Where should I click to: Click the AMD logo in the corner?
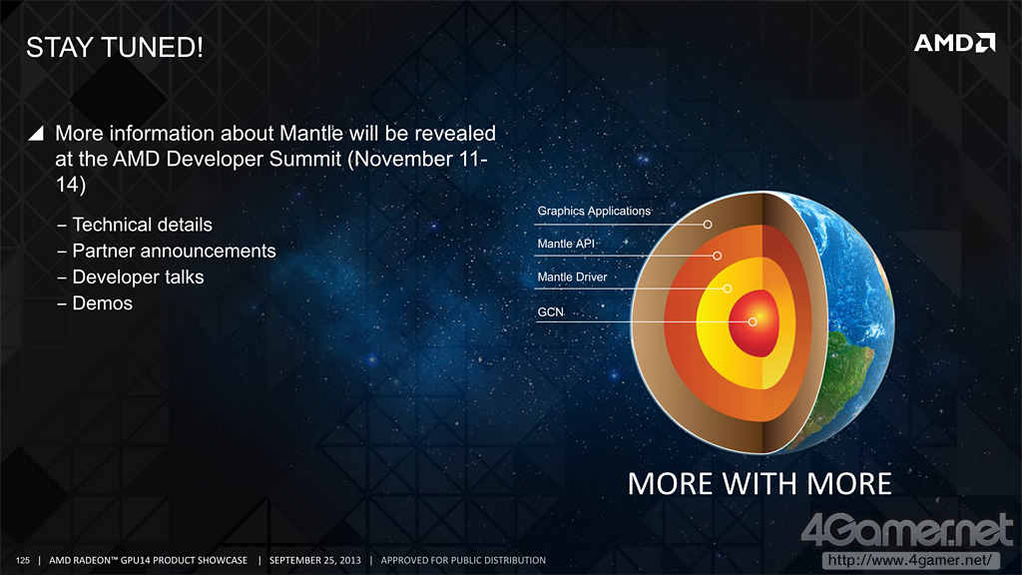955,43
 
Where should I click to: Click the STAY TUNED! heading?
115,48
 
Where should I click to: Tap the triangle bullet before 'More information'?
36,133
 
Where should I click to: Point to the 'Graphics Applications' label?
594,212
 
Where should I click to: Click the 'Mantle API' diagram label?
566,244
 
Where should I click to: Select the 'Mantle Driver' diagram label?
572,278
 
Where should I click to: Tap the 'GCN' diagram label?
550,312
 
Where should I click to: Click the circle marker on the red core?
753,322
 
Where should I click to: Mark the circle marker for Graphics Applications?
708,225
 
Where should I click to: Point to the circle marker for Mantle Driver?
728,288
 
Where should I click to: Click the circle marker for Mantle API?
717,256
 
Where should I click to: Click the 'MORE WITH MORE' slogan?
760,484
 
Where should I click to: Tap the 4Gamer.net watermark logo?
907,529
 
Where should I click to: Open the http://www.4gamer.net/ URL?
910,560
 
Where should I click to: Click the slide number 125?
23,560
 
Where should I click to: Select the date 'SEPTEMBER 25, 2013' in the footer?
314,560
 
